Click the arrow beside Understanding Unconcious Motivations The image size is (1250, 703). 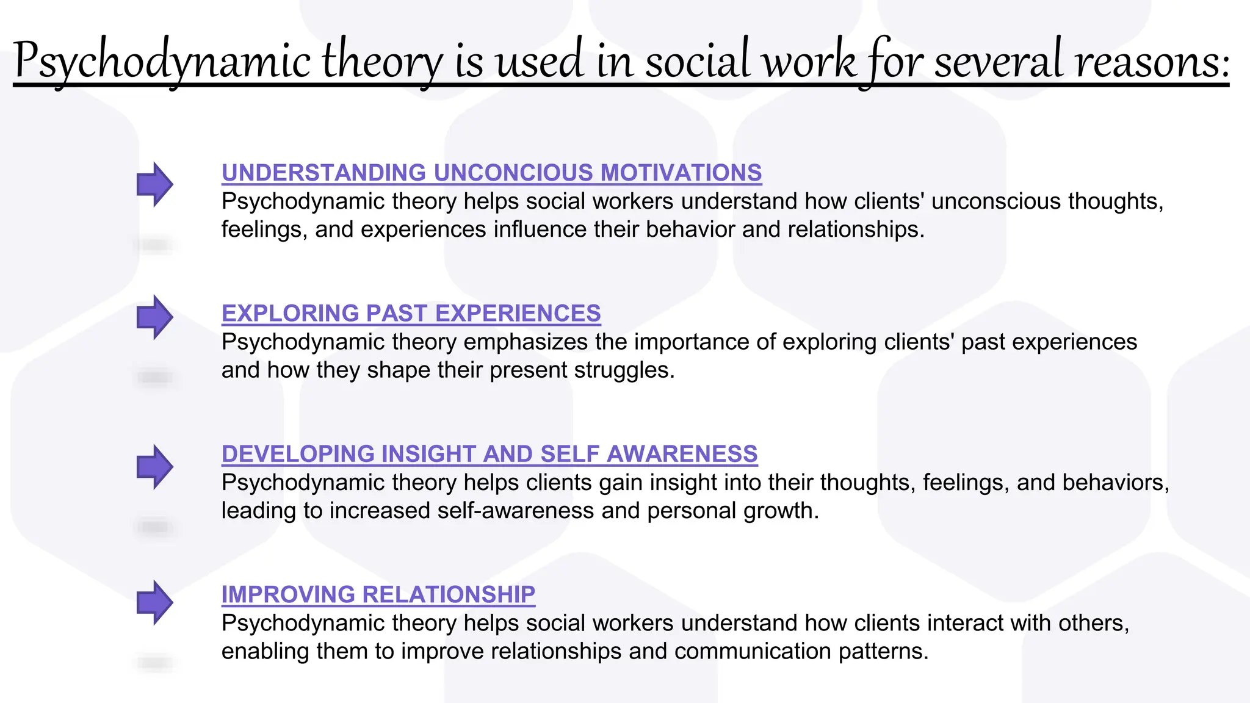154,184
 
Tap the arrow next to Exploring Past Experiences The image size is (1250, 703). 154,317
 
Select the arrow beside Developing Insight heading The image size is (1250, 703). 154,467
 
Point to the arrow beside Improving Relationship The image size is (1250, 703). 154,602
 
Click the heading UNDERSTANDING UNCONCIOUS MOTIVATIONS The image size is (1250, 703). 491,173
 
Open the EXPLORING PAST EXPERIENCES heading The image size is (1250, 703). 411,313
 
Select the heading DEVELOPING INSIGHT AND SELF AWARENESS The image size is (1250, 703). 490,454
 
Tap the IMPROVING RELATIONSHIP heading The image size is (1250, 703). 378,594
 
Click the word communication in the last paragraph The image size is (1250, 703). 753,652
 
